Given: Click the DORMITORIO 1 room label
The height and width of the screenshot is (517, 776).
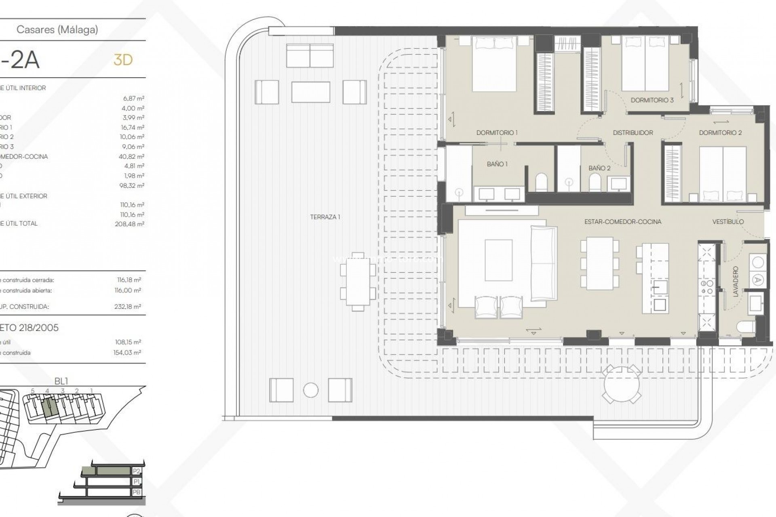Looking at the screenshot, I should pos(497,132).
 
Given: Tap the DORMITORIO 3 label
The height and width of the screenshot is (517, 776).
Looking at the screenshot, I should pos(652,100).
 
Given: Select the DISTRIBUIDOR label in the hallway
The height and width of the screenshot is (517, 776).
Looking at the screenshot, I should pos(633,132).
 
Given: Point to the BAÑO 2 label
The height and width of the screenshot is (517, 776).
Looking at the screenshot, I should pos(599,168).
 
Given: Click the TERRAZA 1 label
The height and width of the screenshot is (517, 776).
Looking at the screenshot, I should pos(325,217).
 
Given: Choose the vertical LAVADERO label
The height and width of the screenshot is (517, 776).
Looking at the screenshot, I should pos(735,282).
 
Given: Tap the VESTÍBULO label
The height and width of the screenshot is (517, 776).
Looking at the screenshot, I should pos(728,221).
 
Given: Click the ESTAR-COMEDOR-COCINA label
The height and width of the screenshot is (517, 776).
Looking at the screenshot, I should pos(622,221).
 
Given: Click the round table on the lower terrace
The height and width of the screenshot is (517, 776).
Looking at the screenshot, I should pos(622,384).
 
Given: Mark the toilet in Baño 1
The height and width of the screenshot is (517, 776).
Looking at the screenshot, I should pos(541,183).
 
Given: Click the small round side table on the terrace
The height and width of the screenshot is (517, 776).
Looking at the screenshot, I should pos(311,390).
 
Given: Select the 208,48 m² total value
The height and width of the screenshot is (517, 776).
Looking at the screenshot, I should pos(129,224).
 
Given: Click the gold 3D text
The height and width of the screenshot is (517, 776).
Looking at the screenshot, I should pos(123,60).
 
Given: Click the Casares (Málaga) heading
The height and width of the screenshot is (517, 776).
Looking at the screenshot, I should pos(57,29).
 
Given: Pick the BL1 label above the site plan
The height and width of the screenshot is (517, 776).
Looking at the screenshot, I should pos(61,381).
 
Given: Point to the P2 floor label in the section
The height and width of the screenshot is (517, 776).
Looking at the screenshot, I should pos(137,471).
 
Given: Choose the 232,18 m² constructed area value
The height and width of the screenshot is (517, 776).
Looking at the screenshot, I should pos(127,307).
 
